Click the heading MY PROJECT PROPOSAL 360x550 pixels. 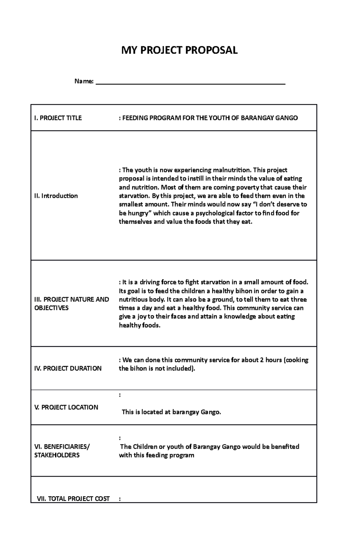(179, 50)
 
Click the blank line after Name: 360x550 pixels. (190, 82)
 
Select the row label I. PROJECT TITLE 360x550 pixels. (58, 118)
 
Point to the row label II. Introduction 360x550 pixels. (56, 196)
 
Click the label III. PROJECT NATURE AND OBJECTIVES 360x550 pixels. (71, 303)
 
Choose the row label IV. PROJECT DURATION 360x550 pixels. (68, 368)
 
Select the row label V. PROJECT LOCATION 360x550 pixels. (66, 407)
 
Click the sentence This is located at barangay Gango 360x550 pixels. (171, 412)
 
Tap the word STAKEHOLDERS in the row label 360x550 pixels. (57, 455)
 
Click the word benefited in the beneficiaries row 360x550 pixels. (285, 447)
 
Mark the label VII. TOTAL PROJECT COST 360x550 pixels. (73, 498)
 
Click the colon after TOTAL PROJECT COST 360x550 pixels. (120, 499)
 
